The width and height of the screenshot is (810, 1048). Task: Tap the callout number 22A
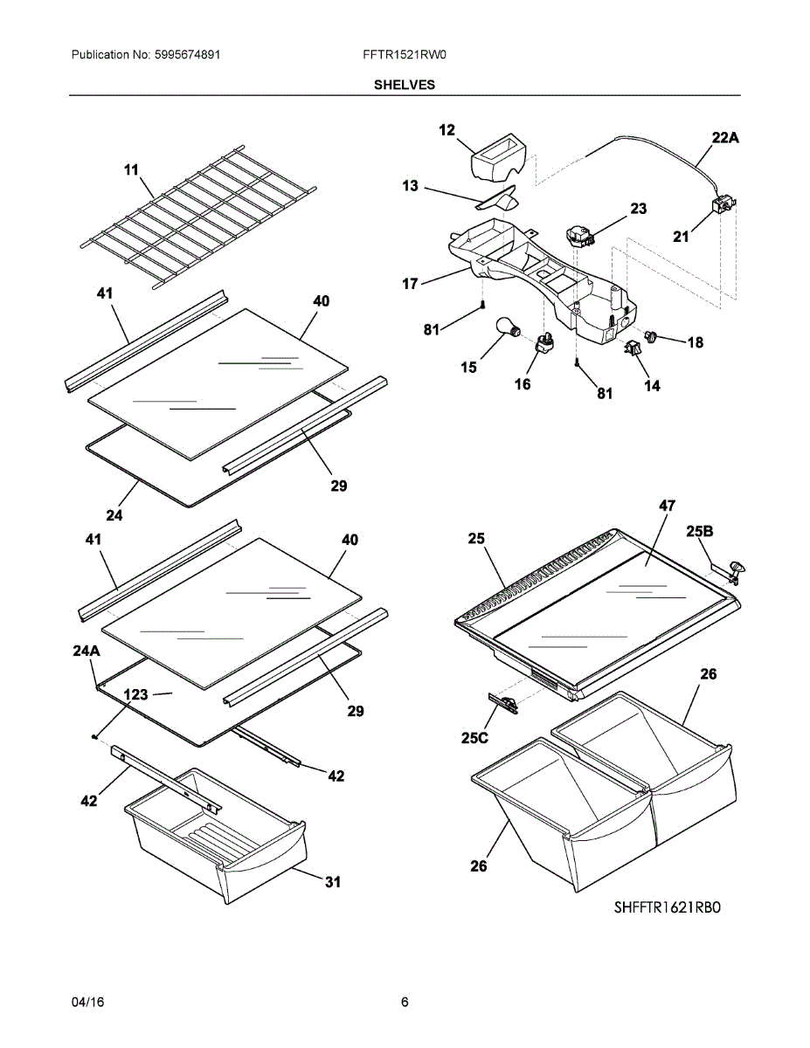click(x=725, y=137)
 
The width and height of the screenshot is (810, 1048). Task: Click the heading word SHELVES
click(x=405, y=85)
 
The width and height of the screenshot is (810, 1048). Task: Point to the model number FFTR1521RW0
click(x=405, y=54)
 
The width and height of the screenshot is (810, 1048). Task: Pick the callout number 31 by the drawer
click(x=333, y=882)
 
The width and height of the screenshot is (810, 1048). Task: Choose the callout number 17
click(x=410, y=283)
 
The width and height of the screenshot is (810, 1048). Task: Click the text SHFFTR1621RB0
click(x=668, y=907)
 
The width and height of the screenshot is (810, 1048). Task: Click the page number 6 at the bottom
click(x=405, y=1003)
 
